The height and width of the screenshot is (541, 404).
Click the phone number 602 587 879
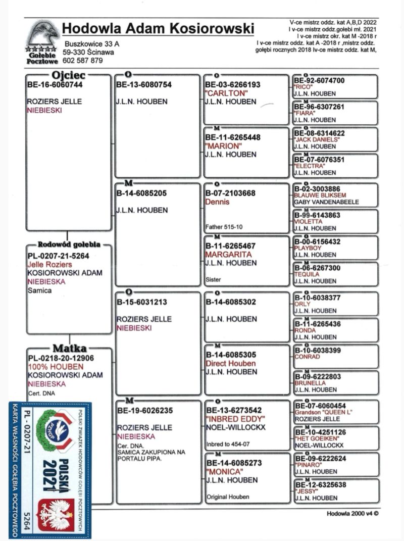pyautogui.click(x=83, y=61)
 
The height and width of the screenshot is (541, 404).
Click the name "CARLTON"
pyautogui.click(x=226, y=93)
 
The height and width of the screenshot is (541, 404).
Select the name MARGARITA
pyautogui.click(x=228, y=255)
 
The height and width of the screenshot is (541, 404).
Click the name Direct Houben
pyautogui.click(x=230, y=364)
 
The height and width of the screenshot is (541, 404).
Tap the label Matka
pyautogui.click(x=69, y=349)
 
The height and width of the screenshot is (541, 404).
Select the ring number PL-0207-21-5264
pyautogui.click(x=59, y=256)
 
